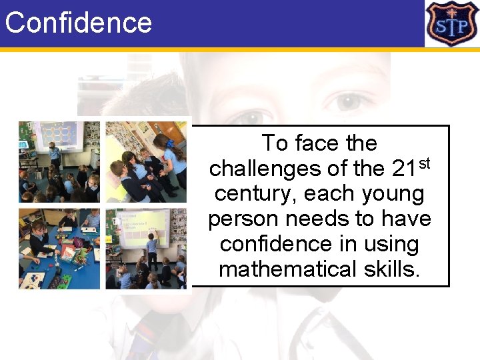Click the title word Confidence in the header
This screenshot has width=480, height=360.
pyautogui.click(x=79, y=23)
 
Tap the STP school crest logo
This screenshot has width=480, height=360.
pyautogui.click(x=452, y=23)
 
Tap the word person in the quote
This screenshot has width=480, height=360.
pyautogui.click(x=242, y=219)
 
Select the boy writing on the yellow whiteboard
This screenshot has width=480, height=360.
pyautogui.click(x=152, y=247)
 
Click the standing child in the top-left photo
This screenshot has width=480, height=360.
pyautogui.click(x=55, y=155)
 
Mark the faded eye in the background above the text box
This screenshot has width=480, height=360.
pyautogui.click(x=348, y=102)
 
